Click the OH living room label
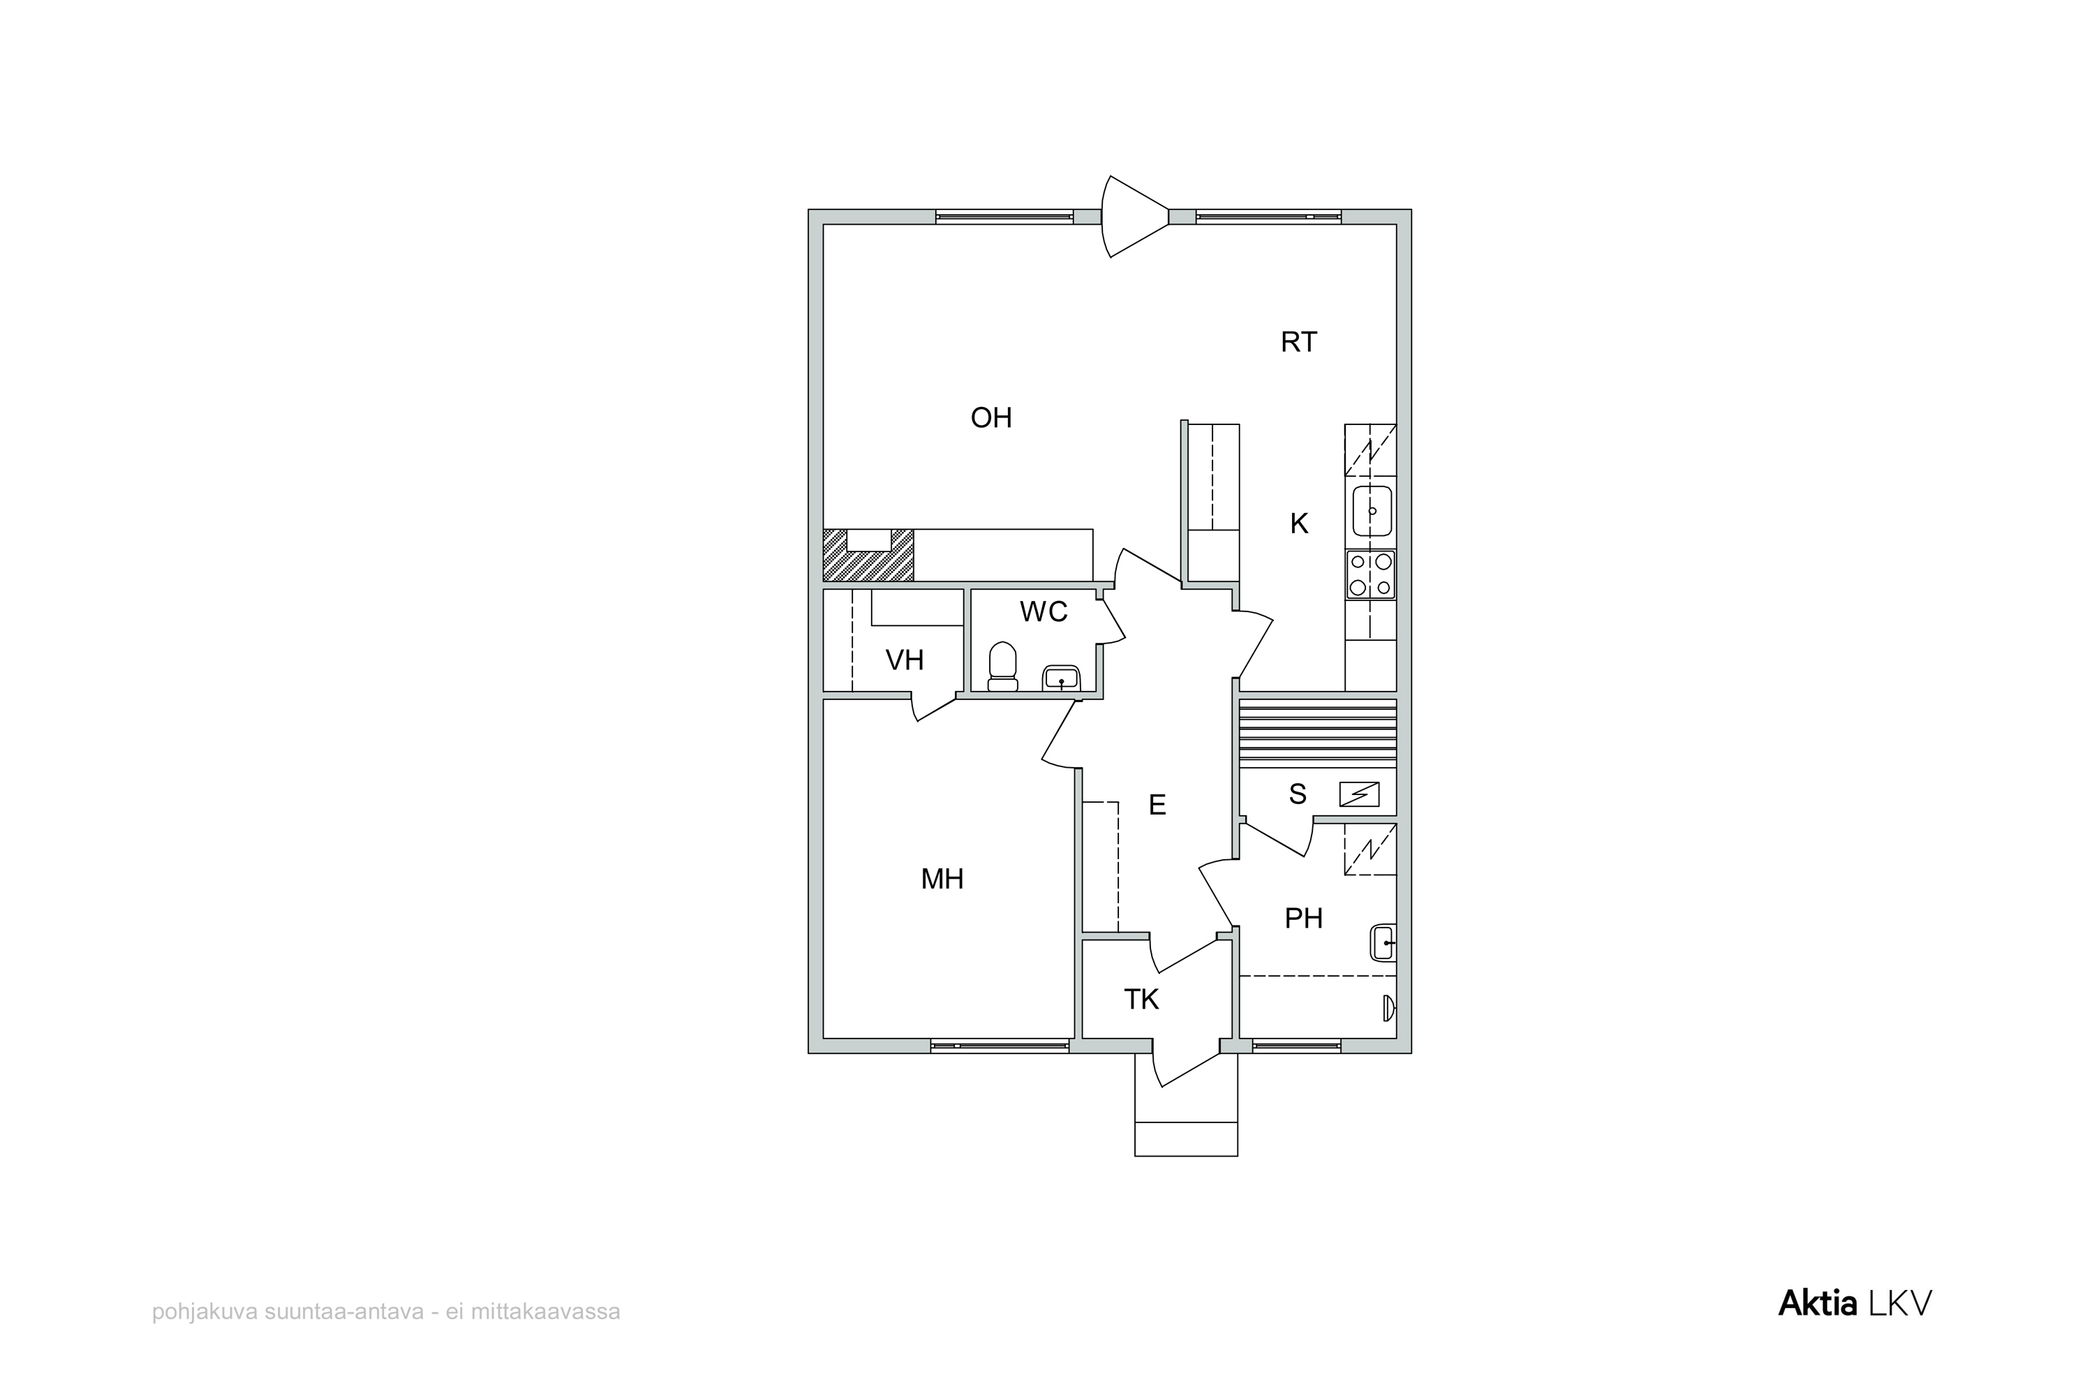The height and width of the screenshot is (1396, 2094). pos(991,417)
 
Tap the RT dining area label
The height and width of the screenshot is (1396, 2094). pos(1298,342)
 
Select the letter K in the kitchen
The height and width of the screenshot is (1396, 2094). pos(1299,523)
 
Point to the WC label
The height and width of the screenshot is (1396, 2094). pos(1044,611)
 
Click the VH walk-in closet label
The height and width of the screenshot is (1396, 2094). pos(905,660)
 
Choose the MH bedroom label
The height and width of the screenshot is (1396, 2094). pos(942,879)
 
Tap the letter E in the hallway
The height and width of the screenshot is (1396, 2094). pos(1157,805)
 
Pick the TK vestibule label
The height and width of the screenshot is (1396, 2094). pos(1141,1000)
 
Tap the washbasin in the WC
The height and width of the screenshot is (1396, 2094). pos(1060,678)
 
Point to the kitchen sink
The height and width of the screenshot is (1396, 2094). pos(1372,511)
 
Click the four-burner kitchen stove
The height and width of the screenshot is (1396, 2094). pos(1371,574)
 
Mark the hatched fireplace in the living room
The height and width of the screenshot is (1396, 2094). pos(868,556)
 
